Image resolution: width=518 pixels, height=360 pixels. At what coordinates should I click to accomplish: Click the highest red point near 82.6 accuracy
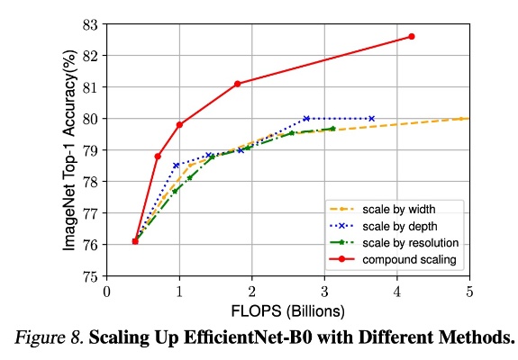pos(412,36)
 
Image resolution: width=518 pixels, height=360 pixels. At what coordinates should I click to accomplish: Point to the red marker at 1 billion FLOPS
pos(180,124)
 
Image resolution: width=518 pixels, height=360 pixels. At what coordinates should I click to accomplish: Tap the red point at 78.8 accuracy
pos(158,157)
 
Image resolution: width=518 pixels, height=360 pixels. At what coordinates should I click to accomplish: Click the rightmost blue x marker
pos(371,118)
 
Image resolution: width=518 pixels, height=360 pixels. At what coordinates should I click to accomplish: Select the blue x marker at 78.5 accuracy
pos(176,165)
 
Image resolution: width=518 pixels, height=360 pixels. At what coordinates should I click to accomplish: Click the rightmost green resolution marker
pos(332,129)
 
